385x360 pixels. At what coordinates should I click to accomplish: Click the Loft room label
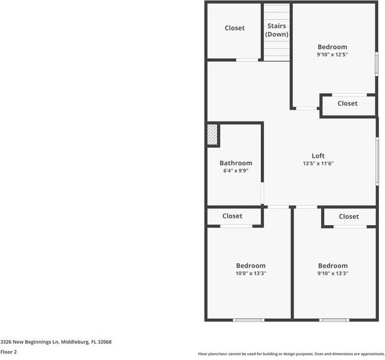[318, 156]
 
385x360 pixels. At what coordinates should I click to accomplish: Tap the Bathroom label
[236, 163]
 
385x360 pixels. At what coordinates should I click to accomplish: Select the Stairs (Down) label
[277, 30]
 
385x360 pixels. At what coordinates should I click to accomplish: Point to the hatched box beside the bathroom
[212, 134]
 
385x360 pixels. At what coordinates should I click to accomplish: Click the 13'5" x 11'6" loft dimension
[318, 163]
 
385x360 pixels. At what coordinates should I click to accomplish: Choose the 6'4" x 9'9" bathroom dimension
[236, 170]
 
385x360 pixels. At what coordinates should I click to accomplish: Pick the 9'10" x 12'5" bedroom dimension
[332, 54]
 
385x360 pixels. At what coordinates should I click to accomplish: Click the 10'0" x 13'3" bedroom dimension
[251, 273]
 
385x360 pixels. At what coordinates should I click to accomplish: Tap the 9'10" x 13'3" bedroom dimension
[333, 273]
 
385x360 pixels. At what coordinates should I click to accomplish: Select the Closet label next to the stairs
[235, 28]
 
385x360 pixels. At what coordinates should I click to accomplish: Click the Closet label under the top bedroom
[348, 104]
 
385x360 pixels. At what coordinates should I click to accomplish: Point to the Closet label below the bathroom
[233, 216]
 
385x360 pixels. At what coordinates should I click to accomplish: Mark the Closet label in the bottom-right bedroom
[349, 217]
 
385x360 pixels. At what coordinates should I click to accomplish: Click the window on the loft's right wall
[377, 161]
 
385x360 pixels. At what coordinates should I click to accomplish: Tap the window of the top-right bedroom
[377, 64]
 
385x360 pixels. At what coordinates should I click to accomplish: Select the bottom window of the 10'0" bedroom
[249, 320]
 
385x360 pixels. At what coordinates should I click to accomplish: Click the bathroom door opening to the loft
[262, 193]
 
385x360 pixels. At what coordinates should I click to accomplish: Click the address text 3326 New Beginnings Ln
[30, 342]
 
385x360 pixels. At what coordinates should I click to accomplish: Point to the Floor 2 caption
[8, 352]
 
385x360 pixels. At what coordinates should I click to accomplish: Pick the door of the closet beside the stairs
[247, 60]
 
